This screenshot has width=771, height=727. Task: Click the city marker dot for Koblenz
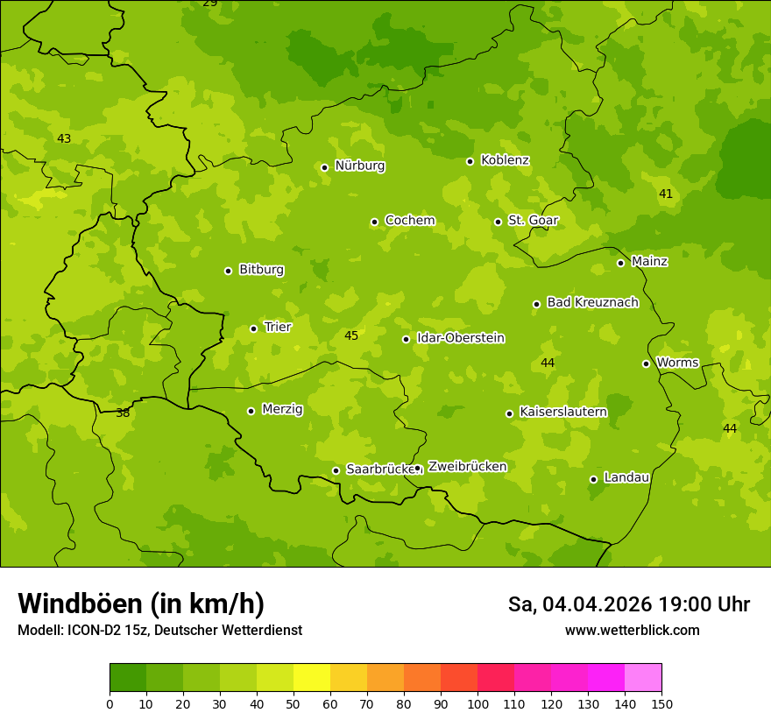pos(470,161)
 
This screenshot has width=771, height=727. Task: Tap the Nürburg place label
pos(359,166)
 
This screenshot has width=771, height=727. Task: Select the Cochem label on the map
pos(409,221)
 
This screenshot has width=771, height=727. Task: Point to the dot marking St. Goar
pos(498,222)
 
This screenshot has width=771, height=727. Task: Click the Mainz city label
pos(649,262)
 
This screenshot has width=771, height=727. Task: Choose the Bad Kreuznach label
pos(592,302)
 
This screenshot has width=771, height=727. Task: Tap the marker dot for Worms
pos(646,363)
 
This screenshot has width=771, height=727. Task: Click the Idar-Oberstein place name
pos(460,338)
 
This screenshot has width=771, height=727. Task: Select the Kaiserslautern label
pos(563,412)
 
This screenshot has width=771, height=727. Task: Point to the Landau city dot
pos(593,479)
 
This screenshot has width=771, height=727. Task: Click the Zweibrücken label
pos(467,467)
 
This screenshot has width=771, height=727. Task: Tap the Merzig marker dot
pos(251,411)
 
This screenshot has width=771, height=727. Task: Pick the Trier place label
pos(278,328)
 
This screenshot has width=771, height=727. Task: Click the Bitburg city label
pos(261,270)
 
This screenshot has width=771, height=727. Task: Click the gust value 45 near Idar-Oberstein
pos(351,336)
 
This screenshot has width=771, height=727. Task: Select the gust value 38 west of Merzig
pos(123,413)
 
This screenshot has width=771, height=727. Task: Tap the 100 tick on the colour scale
pos(477,703)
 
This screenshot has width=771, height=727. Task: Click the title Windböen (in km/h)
pos(141,603)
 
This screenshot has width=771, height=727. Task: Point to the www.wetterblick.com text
pos(632,631)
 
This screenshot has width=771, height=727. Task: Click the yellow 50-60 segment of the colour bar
pos(312,678)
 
